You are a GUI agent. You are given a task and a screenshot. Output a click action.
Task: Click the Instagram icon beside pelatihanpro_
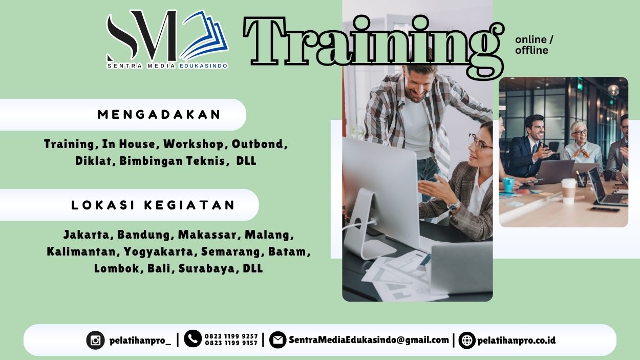coord(95,340)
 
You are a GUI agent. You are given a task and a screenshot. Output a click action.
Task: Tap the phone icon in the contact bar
coord(193,338)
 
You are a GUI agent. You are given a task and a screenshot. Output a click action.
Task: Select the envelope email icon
coord(278,340)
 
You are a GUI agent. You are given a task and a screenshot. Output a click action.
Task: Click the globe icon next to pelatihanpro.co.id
coord(466,340)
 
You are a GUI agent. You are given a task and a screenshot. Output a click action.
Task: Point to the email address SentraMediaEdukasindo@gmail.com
coord(369,340)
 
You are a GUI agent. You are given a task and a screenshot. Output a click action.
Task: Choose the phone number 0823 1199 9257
coord(231,336)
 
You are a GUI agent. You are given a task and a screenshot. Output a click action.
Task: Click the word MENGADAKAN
coord(159,114)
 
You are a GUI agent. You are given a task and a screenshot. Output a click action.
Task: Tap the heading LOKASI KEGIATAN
coord(153,205)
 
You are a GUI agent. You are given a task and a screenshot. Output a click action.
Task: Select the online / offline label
coord(534,45)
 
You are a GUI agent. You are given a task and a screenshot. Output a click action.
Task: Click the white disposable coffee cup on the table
coord(568,191)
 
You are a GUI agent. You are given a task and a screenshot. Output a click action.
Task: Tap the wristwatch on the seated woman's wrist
coord(453,206)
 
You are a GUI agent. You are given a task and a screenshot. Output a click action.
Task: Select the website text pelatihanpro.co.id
coord(516,340)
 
